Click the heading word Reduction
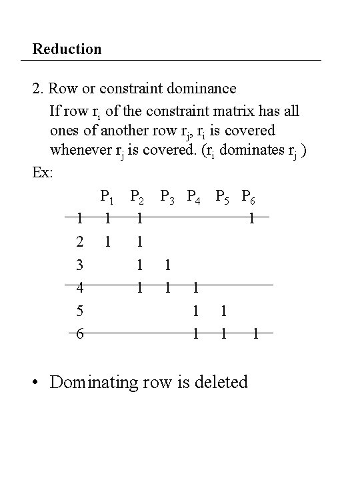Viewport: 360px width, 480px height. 67,49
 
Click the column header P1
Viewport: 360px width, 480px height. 107,197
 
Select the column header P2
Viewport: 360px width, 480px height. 139,197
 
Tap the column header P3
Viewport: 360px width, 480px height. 168,197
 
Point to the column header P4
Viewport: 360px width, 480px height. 195,197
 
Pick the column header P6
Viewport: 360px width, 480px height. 251,197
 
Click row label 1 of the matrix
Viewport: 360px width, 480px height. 79,217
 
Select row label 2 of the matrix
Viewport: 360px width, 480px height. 79,241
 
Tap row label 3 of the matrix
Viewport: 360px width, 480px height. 79,265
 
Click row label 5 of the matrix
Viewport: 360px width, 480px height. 79,311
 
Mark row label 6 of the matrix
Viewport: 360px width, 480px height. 79,334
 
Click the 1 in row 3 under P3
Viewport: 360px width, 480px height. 167,265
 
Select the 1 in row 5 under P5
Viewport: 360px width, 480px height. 225,311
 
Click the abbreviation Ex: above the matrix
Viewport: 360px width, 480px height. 43,172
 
